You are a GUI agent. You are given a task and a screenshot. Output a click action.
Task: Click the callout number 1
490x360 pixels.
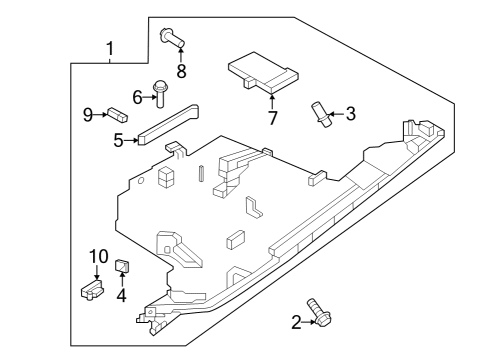click(110, 47)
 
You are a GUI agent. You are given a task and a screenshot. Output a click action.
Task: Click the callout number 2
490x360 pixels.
click(296, 321)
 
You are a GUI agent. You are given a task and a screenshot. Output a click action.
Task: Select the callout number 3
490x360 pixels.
click(350, 114)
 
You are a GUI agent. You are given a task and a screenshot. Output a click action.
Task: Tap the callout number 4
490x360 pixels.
click(121, 295)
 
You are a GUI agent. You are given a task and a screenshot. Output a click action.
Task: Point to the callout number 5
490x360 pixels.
click(118, 141)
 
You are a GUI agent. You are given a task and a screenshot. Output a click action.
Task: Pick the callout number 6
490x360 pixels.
click(139, 97)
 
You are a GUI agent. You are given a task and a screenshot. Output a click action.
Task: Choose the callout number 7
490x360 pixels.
click(272, 118)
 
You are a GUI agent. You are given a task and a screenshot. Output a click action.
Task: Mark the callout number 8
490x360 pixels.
click(181, 71)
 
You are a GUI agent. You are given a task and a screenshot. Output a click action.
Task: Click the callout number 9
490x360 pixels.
click(88, 115)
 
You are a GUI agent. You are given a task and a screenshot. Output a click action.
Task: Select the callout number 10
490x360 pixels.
click(98, 256)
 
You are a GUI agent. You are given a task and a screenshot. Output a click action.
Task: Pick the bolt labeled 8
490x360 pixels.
click(172, 39)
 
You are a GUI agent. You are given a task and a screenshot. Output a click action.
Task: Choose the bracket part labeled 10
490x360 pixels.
click(92, 289)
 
